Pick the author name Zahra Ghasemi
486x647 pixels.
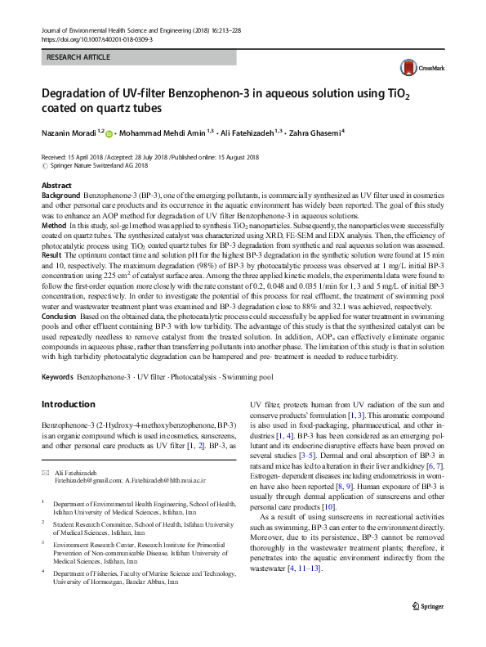[x=314, y=131]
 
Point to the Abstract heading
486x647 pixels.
[x=56, y=186]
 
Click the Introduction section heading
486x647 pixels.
[x=68, y=404]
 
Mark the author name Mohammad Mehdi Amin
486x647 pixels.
[x=162, y=131]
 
